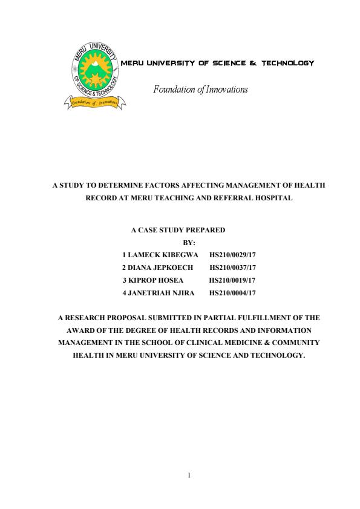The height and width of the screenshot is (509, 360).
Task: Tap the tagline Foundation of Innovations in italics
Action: [x=200, y=90]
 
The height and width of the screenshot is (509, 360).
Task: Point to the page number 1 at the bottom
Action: [x=189, y=475]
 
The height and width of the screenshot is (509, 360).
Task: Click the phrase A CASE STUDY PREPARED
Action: [x=178, y=230]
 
